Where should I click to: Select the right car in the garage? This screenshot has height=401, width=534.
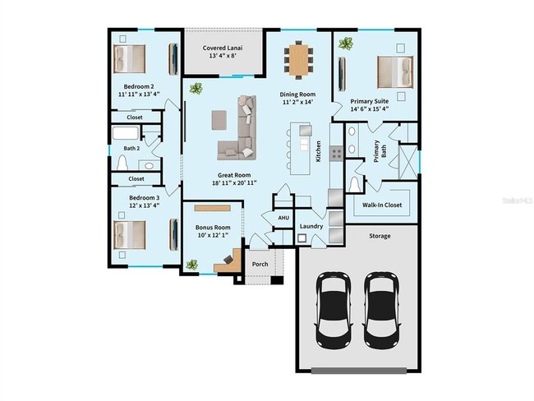coord(382,308)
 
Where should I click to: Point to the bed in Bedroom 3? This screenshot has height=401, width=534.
coord(130,234)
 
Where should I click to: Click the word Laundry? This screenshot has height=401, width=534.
coord(311,226)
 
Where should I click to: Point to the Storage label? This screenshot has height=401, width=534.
coord(380,236)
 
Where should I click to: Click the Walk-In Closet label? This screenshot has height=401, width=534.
coord(382,205)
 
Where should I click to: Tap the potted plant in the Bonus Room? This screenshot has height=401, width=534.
coord(191,265)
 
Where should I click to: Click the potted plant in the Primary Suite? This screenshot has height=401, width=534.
coord(347,43)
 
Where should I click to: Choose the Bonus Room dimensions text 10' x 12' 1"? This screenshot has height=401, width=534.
coord(213,237)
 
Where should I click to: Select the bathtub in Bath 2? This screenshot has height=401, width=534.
coord(128,135)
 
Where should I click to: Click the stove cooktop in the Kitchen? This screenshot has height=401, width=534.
coord(336,152)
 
